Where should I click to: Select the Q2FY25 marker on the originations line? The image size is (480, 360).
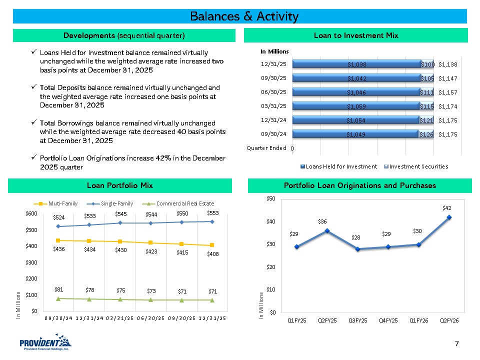(x=327, y=231)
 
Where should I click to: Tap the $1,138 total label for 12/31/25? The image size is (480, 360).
(x=447, y=64)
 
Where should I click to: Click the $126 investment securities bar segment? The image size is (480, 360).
(x=426, y=134)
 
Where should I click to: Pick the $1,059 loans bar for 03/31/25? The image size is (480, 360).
(x=356, y=106)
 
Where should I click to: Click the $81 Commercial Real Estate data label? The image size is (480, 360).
(x=59, y=289)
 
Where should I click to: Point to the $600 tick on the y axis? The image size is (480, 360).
(x=31, y=214)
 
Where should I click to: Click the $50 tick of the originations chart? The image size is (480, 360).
(x=270, y=199)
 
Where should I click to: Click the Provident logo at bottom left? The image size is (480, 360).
(x=45, y=343)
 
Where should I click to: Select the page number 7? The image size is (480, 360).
(x=456, y=343)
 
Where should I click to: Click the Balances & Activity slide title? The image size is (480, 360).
(x=244, y=16)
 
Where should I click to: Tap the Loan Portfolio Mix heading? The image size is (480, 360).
(x=120, y=185)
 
